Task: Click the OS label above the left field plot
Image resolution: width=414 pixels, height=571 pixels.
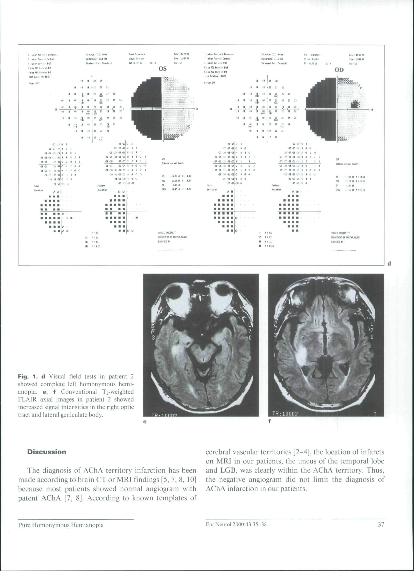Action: [x=163, y=69]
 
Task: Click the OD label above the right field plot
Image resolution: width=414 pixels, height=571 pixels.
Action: [x=339, y=70]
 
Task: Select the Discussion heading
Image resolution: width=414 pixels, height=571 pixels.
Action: [x=47, y=452]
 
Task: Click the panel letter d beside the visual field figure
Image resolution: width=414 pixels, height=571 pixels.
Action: [x=389, y=264]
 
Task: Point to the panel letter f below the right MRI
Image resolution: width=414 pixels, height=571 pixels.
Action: [x=270, y=421]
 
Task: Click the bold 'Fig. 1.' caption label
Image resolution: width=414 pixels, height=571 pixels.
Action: [x=27, y=377]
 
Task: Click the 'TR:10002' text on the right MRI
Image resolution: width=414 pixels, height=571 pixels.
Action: [x=285, y=414]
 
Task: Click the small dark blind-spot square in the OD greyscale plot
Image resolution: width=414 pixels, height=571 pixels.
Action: [x=355, y=105]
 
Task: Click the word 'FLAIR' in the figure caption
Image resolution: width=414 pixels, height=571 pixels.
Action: [x=28, y=399]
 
